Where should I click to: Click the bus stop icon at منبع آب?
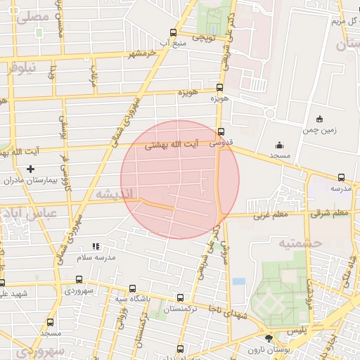point(173,32)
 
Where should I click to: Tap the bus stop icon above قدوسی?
point(221,131)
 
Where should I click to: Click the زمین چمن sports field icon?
point(321,118)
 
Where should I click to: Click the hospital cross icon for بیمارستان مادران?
point(30,169)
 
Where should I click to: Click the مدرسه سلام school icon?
point(96,247)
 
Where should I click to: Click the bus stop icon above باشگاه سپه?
point(133,288)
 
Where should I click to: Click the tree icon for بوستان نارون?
point(268,338)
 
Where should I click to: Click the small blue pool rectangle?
point(239,281)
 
